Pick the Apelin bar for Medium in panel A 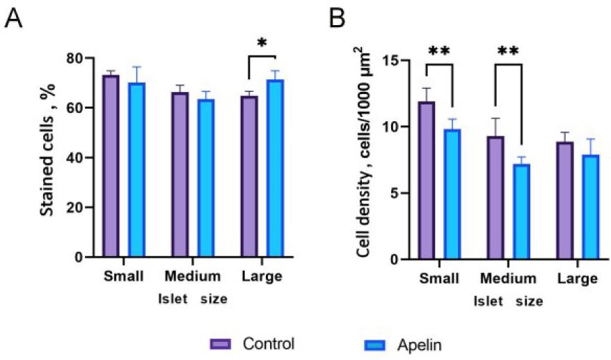pyautogui.click(x=206, y=178)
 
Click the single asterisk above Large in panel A pyautogui.click(x=261, y=44)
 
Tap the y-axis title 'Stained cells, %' pyautogui.click(x=48, y=157)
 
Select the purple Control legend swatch pyautogui.click(x=219, y=344)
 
